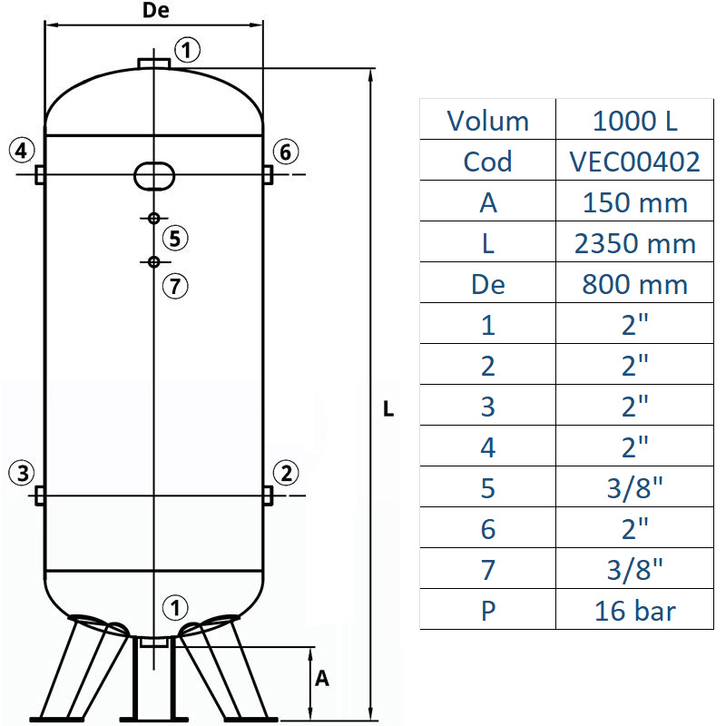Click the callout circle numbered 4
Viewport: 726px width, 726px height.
pyautogui.click(x=23, y=150)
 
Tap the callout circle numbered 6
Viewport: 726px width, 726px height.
pyautogui.click(x=285, y=152)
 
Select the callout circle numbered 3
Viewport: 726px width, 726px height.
pyautogui.click(x=23, y=472)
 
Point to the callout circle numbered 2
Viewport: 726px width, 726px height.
pyautogui.click(x=286, y=472)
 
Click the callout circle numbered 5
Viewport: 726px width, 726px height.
pyautogui.click(x=176, y=239)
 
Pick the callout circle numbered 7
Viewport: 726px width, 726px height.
pyautogui.click(x=176, y=286)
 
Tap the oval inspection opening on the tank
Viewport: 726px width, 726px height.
pyautogui.click(x=154, y=174)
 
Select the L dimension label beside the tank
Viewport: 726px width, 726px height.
pyautogui.click(x=388, y=409)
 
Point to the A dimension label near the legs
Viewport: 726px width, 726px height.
pyautogui.click(x=321, y=678)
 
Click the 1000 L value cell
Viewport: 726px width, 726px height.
pyautogui.click(x=634, y=121)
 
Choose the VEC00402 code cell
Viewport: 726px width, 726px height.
pyautogui.click(x=634, y=162)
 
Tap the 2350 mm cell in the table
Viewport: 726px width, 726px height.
pyautogui.click(x=634, y=243)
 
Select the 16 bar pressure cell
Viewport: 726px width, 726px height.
pyautogui.click(x=634, y=610)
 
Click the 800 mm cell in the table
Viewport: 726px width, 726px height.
pyautogui.click(x=634, y=284)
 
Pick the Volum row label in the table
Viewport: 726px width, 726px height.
pyautogui.click(x=487, y=121)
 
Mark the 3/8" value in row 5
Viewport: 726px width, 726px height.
pyautogui.click(x=634, y=487)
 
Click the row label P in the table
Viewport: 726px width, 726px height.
pyautogui.click(x=487, y=610)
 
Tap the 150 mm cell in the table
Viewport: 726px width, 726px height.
pyautogui.click(x=634, y=202)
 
